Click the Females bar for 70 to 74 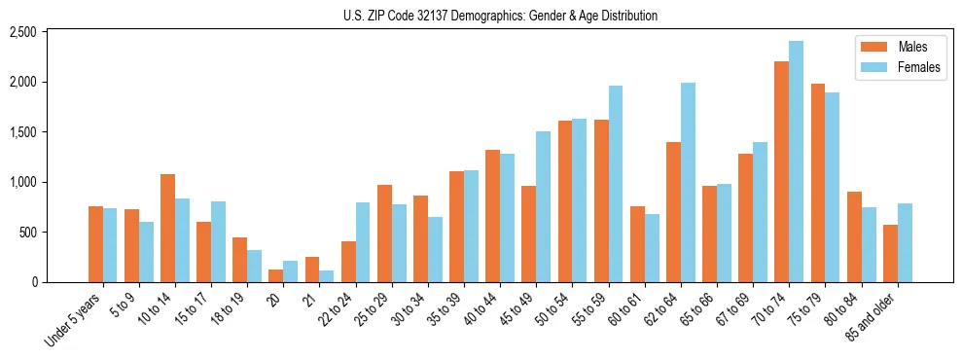796,162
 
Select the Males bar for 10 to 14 167,229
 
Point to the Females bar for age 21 326,276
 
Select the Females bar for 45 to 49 543,207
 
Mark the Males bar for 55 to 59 600,201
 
